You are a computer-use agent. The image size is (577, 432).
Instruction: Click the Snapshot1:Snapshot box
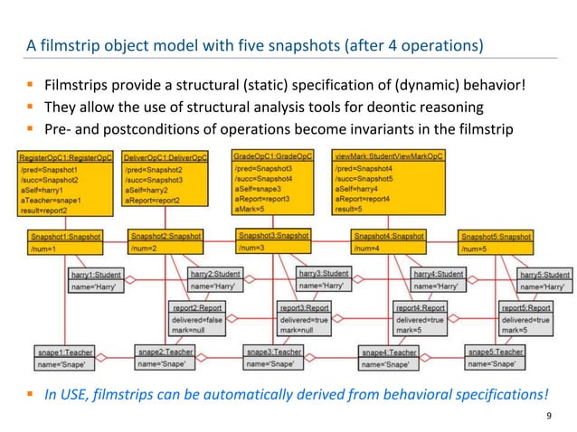(x=65, y=241)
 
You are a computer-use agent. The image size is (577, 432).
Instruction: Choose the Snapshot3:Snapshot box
(x=273, y=240)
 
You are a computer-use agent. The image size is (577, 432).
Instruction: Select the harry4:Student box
(x=438, y=280)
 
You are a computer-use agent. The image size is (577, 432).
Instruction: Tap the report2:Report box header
(x=196, y=308)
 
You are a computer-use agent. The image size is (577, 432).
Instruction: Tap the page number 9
(x=550, y=415)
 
